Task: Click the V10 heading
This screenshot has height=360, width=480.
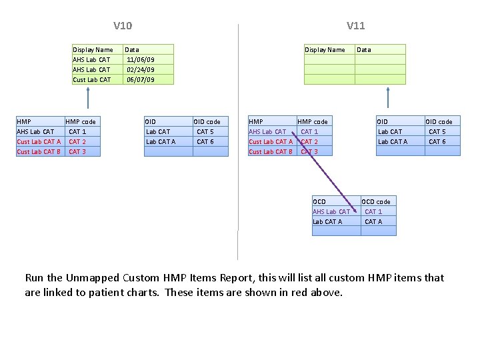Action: click(x=123, y=26)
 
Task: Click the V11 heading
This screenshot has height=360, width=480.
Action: click(x=355, y=26)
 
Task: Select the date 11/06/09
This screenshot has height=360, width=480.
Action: click(x=140, y=59)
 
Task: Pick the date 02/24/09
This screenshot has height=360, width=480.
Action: click(x=140, y=69)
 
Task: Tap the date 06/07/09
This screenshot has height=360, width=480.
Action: click(x=140, y=79)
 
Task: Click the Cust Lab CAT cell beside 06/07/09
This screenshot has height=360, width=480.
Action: click(x=92, y=79)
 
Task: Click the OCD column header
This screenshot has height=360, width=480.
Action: click(x=319, y=201)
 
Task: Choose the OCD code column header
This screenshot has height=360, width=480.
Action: click(x=376, y=201)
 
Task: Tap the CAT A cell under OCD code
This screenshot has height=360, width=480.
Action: click(x=373, y=221)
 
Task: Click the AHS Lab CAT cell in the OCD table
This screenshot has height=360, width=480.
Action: click(x=331, y=211)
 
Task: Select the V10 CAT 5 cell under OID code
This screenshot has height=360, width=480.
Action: click(x=205, y=131)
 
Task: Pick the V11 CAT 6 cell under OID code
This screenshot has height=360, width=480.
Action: click(x=437, y=141)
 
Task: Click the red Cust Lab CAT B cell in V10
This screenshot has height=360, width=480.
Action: click(x=39, y=151)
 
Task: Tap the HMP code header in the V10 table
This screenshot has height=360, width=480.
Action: click(x=81, y=121)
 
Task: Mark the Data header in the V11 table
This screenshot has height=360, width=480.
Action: click(x=364, y=49)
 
